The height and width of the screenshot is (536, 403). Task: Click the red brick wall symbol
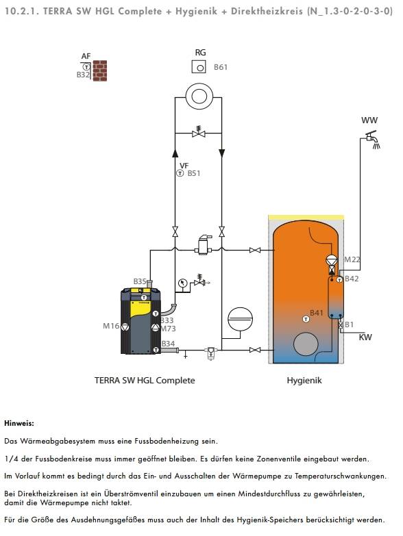point(100,71)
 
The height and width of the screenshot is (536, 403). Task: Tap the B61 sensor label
point(221,67)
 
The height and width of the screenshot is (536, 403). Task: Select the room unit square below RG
point(199,66)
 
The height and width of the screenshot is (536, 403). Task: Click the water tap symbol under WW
point(372,140)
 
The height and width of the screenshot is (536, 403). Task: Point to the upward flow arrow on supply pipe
point(175,153)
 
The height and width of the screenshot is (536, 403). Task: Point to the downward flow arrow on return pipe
point(221,153)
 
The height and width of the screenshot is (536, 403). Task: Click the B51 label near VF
point(194,173)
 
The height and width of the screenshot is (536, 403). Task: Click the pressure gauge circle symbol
point(183,283)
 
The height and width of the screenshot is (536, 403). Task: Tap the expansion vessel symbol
point(240,319)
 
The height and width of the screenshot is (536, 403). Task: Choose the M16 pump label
point(111,326)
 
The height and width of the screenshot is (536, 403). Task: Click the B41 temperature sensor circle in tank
point(306,319)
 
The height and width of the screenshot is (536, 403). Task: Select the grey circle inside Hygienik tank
point(306,344)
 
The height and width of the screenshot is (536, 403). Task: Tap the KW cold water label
point(365,337)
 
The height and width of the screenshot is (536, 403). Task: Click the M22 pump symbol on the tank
point(332,261)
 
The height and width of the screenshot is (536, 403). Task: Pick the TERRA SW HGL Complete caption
point(145,381)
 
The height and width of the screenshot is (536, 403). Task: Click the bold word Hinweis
point(19,423)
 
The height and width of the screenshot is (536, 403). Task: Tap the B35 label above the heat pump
point(140,281)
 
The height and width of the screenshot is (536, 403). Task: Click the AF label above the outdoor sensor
point(86,56)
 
